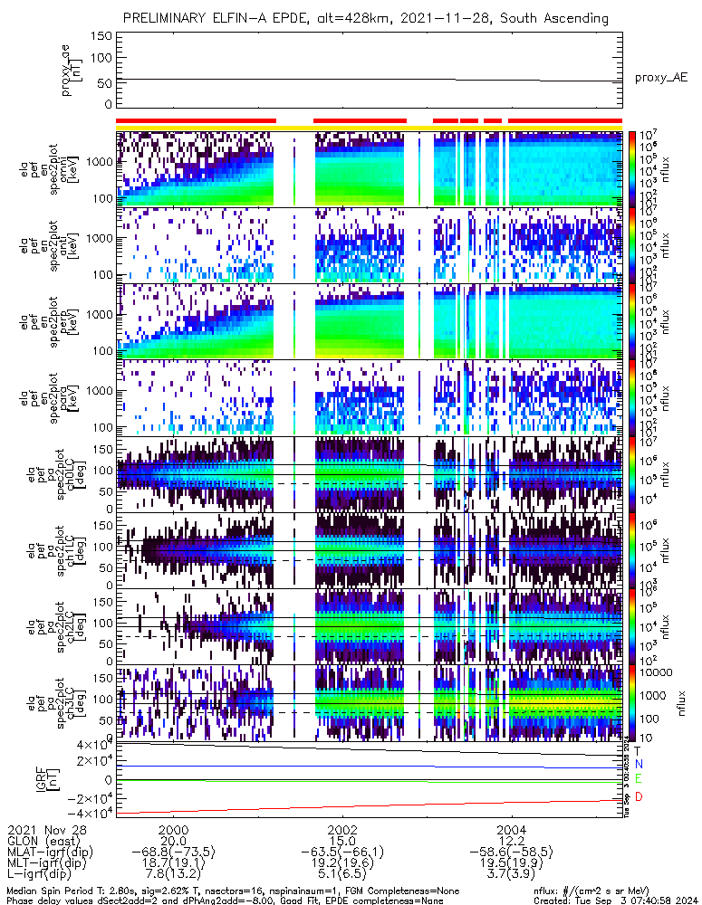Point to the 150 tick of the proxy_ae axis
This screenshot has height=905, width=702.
(x=101, y=36)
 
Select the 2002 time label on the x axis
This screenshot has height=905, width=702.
(x=342, y=827)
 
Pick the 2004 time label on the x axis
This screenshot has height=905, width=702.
(x=512, y=827)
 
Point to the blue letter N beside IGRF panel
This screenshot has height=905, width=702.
(x=638, y=765)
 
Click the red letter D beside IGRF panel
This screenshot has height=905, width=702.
(x=638, y=797)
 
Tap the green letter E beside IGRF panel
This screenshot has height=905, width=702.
(x=638, y=779)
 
